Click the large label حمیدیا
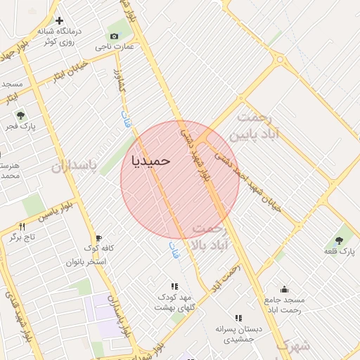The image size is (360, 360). click(151, 160)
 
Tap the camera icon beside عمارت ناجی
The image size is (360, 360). click(114, 37)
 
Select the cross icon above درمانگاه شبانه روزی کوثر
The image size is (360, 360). click(60, 21)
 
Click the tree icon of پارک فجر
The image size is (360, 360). click(20, 115)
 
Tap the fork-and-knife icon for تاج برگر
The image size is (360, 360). click(22, 226)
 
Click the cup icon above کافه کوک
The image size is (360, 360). click(98, 238)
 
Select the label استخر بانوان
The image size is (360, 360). click(86, 262)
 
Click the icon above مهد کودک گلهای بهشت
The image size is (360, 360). click(174, 286)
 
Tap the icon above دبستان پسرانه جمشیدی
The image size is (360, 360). click(238, 318)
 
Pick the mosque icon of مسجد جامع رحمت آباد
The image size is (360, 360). click(284, 289)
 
